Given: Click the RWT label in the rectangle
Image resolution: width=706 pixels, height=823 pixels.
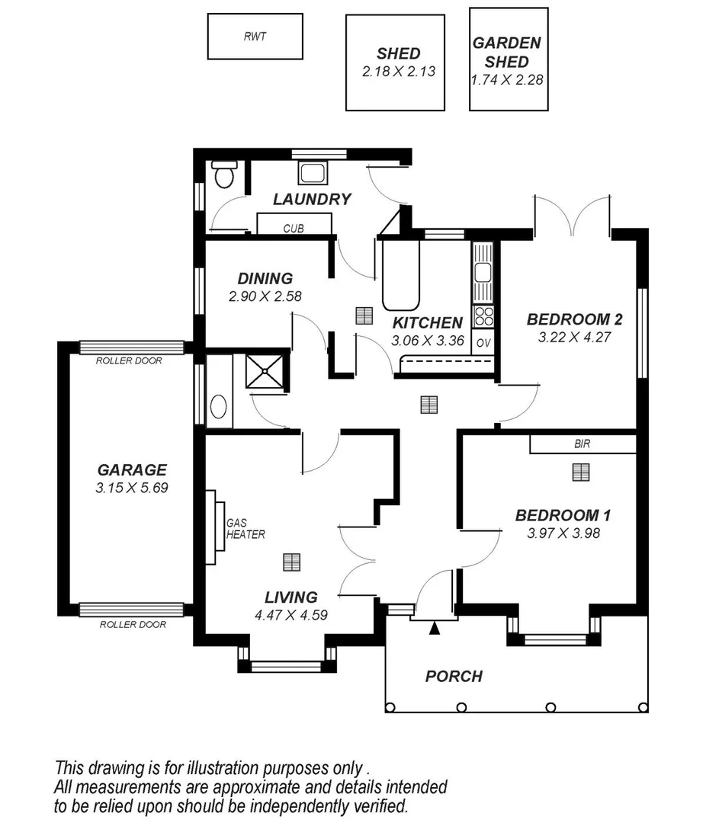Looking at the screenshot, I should pyautogui.click(x=255, y=37).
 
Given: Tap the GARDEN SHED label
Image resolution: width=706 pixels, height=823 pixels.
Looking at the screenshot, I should pyautogui.click(x=507, y=52).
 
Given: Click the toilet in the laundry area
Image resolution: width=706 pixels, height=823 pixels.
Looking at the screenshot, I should pyautogui.click(x=223, y=175).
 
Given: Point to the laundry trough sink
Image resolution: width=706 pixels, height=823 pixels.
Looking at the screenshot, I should pyautogui.click(x=313, y=172).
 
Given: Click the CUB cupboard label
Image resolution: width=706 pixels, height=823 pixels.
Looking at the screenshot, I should pyautogui.click(x=294, y=228).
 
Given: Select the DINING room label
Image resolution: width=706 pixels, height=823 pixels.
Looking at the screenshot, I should pyautogui.click(x=265, y=279).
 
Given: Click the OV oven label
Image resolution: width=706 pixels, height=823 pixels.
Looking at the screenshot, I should pyautogui.click(x=483, y=343).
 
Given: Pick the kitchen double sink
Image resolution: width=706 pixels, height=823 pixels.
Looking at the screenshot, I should pyautogui.click(x=483, y=273).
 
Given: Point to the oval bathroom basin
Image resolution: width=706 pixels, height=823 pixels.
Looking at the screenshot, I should pyautogui.click(x=218, y=407).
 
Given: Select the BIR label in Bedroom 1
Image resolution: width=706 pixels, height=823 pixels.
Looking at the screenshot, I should pyautogui.click(x=582, y=444).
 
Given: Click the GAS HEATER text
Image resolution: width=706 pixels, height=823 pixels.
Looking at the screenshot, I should pyautogui.click(x=245, y=529).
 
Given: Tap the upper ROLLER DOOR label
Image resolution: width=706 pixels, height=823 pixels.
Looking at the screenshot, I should pyautogui.click(x=129, y=360).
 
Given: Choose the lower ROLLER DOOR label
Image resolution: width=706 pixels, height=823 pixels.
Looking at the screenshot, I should pyautogui.click(x=133, y=624).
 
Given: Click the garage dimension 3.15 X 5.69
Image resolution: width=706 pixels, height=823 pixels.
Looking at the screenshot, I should pyautogui.click(x=131, y=488).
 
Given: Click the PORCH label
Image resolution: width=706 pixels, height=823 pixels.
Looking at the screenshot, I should pyautogui.click(x=454, y=676).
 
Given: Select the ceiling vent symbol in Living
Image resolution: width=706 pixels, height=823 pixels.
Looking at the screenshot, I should pyautogui.click(x=291, y=562).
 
